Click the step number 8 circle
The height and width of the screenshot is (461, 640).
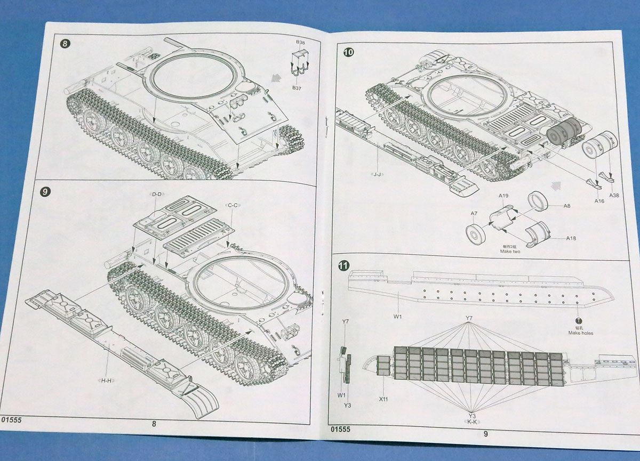point(65,44)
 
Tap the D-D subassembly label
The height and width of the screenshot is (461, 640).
point(157,195)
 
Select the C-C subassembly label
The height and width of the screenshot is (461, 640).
point(233,205)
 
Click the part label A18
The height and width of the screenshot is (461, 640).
point(571,239)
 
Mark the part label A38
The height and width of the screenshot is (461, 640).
point(614,195)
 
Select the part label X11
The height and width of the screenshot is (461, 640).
point(382,398)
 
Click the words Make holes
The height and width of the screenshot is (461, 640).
point(581,333)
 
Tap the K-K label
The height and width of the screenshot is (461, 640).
point(471,422)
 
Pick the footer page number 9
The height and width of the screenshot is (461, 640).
point(485,434)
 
